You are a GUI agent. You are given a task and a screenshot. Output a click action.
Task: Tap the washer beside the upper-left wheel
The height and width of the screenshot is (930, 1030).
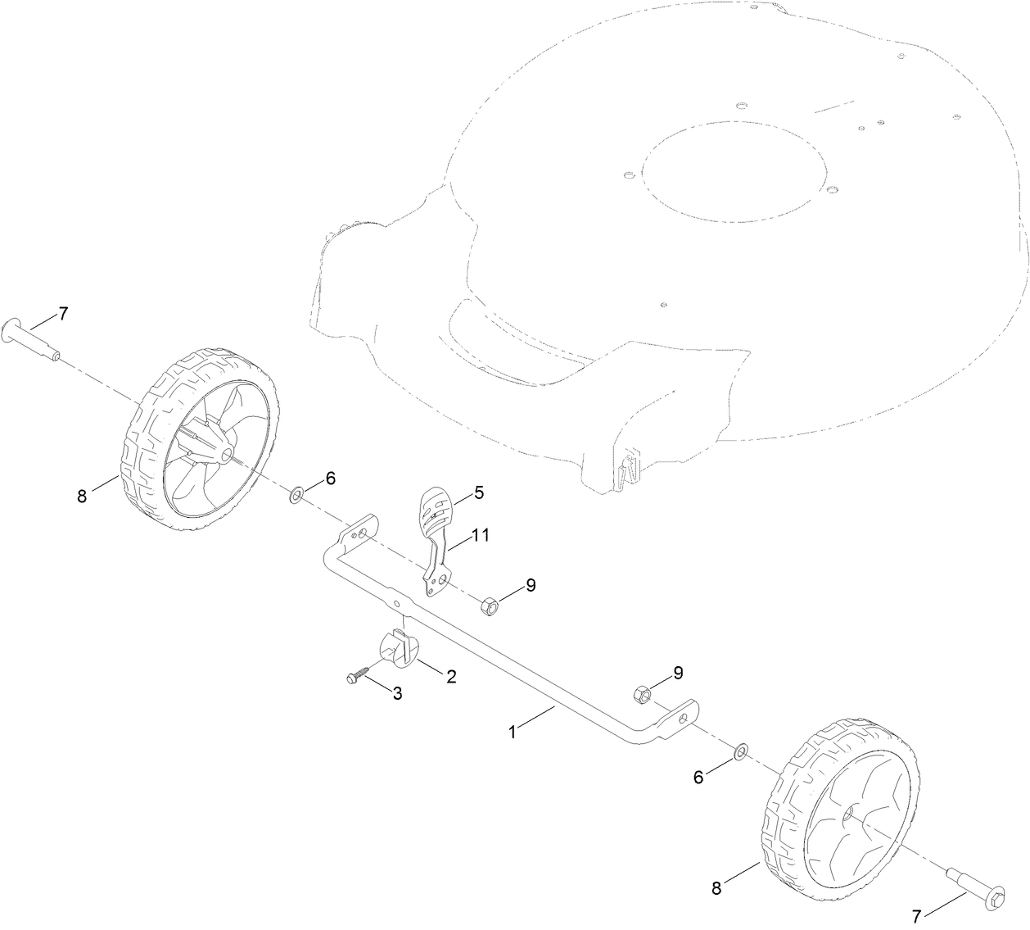click(296, 494)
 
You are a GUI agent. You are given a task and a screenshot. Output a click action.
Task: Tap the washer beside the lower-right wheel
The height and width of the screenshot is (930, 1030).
click(740, 751)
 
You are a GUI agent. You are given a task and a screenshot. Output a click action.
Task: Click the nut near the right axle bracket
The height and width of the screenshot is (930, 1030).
click(642, 695)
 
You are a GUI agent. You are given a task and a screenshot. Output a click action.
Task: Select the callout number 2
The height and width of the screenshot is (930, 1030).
click(450, 677)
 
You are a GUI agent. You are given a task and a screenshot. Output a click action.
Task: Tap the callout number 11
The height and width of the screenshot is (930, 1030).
click(480, 535)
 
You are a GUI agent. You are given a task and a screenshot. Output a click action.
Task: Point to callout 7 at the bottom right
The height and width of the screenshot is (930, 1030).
click(917, 914)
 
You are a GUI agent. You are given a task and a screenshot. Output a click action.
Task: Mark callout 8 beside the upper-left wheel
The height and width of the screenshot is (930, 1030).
click(82, 496)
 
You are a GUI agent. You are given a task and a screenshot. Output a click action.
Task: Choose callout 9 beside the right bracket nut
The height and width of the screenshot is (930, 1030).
click(678, 673)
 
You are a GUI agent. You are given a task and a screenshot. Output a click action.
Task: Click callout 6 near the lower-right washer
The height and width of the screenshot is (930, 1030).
click(698, 778)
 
